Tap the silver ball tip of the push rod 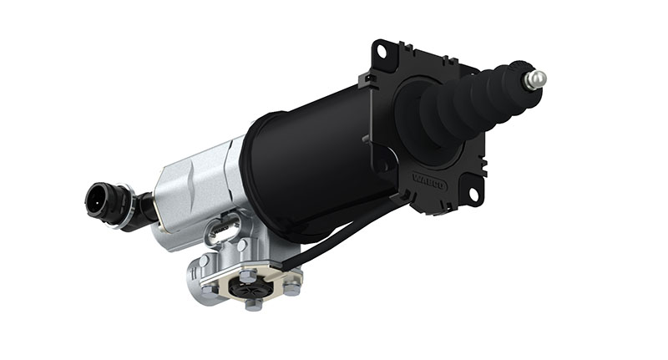click(534, 79)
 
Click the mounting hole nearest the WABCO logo click(472, 196)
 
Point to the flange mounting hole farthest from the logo click(382, 52)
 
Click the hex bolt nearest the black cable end click(291, 287)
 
